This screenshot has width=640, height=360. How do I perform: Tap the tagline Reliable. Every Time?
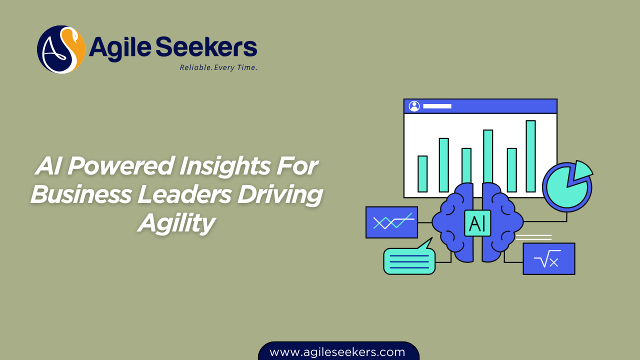point(218,67)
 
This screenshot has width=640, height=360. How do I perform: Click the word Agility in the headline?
point(176,222)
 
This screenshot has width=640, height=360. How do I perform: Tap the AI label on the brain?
point(477,223)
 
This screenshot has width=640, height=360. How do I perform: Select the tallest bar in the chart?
point(530,156)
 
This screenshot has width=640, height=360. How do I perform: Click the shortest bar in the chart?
point(422,173)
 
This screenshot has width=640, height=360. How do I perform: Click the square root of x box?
point(548,258)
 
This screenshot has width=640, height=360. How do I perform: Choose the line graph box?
point(391,222)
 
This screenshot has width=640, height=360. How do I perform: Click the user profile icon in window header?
point(414,106)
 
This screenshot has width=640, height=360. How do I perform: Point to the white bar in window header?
point(437,106)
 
